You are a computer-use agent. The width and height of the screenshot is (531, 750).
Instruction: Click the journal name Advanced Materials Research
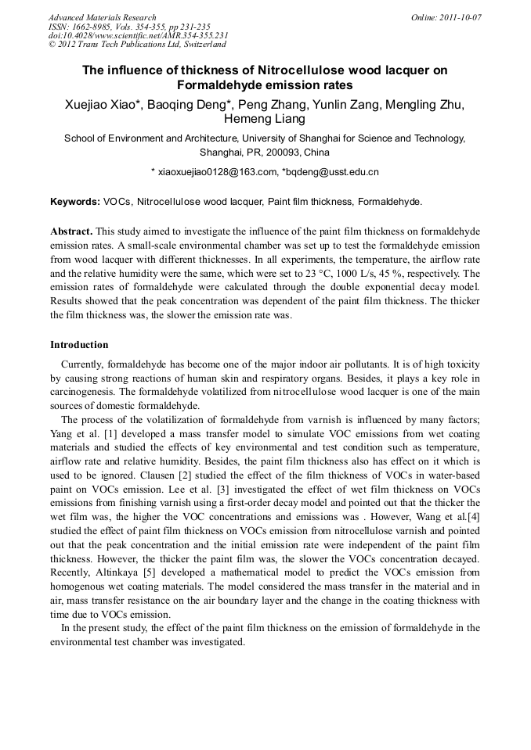tap(102, 17)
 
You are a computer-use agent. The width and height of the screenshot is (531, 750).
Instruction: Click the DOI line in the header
tap(138, 35)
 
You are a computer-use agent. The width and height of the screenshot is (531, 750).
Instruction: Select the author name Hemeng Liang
tap(265, 120)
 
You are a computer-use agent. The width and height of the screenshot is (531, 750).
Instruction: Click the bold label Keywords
tap(74, 201)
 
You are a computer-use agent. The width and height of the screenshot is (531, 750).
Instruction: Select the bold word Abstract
tap(71, 232)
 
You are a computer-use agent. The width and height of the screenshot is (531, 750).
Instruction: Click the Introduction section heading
tap(79, 345)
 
